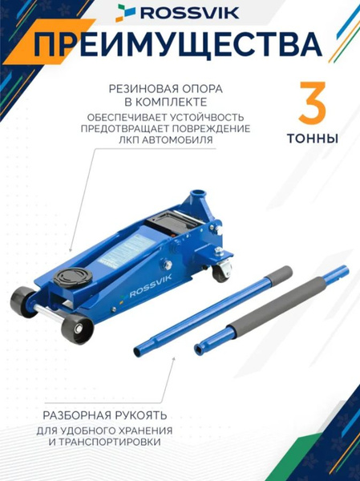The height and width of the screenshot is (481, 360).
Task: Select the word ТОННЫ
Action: pos(311,138)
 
